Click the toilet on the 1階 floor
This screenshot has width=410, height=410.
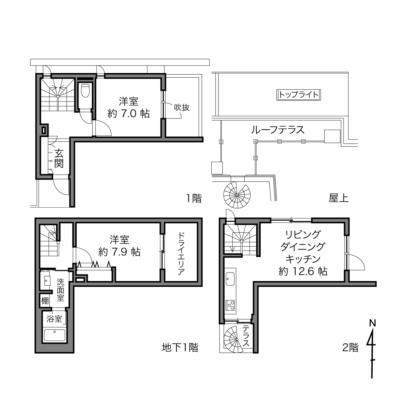pyautogui.click(x=85, y=91)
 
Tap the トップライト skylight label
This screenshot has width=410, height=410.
pyautogui.click(x=299, y=95)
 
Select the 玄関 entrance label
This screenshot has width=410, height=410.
pyautogui.click(x=59, y=158)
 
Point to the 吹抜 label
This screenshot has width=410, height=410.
pyautogui.click(x=181, y=107)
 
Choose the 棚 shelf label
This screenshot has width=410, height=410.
pyautogui.click(x=45, y=301)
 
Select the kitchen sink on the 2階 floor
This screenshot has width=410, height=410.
pyautogui.click(x=230, y=279)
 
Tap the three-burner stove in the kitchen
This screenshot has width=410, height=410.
pyautogui.click(x=230, y=306)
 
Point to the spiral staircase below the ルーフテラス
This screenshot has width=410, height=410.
pyautogui.click(x=237, y=195)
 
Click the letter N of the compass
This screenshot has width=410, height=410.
pyautogui.click(x=373, y=323)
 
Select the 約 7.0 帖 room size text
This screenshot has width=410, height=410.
pyautogui.click(x=128, y=114)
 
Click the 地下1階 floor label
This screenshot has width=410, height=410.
pyautogui.click(x=180, y=354)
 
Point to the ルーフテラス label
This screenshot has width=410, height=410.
pyautogui.click(x=278, y=130)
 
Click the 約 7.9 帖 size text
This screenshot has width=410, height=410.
pyautogui.click(x=119, y=252)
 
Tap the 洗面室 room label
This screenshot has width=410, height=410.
pyautogui.click(x=61, y=290)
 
